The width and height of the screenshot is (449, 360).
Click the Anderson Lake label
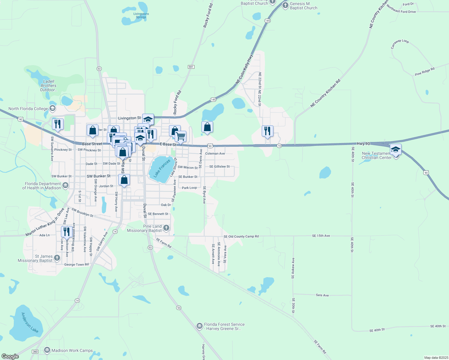point(30,322)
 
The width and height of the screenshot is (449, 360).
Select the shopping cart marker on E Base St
point(180,136)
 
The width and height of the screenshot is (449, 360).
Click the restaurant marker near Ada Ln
point(66,232)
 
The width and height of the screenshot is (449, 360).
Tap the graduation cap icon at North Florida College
point(53,108)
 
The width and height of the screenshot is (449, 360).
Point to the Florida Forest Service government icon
point(200,326)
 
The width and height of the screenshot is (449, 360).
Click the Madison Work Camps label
point(72,350)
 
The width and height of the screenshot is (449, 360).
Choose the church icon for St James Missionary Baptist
point(57,258)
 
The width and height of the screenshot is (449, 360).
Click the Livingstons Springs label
point(141,15)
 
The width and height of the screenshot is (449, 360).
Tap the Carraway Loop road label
point(400,44)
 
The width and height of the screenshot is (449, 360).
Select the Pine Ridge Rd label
point(425,72)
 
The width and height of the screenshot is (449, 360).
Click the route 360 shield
point(35,351)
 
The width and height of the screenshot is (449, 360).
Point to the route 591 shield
point(191,67)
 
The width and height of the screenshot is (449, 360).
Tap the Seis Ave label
point(322,295)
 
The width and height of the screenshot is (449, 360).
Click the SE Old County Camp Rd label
point(241,236)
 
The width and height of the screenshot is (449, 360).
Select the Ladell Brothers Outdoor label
point(49,85)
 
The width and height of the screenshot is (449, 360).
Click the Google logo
point(10,356)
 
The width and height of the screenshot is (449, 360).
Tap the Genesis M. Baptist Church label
point(303,6)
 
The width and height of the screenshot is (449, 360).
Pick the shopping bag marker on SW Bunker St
point(124,180)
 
